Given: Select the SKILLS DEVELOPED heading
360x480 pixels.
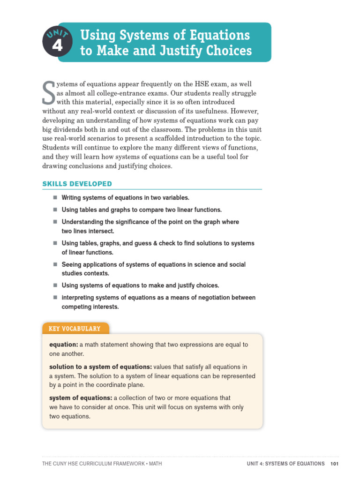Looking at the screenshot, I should point(77,184).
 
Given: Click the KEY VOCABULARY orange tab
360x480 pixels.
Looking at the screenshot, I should point(75,329).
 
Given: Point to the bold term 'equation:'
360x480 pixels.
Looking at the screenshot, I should point(63,345).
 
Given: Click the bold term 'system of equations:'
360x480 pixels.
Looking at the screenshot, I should point(81,398).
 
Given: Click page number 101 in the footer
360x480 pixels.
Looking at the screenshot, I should point(334,464).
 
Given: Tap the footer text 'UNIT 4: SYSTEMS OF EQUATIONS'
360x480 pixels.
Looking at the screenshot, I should point(286,464).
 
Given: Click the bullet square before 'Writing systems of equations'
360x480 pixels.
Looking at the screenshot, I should point(54,197).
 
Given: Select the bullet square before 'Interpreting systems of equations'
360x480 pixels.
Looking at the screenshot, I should point(54,297).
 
